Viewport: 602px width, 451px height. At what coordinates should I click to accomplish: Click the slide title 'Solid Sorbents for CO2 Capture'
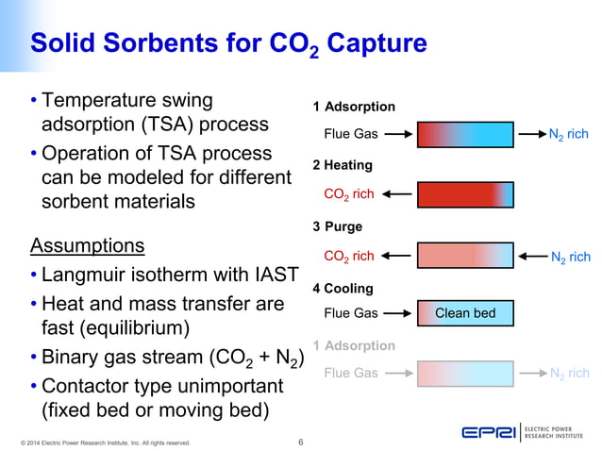[x=228, y=44]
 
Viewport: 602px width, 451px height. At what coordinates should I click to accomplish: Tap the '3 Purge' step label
[x=338, y=226]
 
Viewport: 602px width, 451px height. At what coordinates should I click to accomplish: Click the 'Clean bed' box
[x=465, y=313]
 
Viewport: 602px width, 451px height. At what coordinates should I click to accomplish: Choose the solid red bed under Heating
[x=465, y=195]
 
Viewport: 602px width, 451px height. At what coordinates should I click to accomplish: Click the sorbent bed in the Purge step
[x=465, y=257]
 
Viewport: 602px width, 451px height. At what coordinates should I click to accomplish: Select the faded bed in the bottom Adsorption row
[x=465, y=374]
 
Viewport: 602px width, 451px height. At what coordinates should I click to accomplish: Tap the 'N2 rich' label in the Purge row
[x=570, y=258]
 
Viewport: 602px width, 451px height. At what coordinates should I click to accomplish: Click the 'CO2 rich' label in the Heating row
[x=349, y=195]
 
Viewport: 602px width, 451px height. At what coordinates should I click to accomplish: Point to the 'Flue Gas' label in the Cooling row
[x=350, y=313]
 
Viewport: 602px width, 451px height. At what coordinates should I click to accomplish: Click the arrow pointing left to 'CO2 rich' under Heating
[x=396, y=195]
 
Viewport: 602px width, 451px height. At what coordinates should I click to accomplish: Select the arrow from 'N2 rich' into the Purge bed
[x=529, y=257]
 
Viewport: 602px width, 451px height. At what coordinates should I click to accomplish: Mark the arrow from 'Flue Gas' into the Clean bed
[x=396, y=313]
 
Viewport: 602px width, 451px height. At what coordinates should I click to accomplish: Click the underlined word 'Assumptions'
[x=88, y=246]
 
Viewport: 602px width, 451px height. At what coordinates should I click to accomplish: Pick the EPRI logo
[x=488, y=433]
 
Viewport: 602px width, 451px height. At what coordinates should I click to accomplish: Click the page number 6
[x=300, y=441]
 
